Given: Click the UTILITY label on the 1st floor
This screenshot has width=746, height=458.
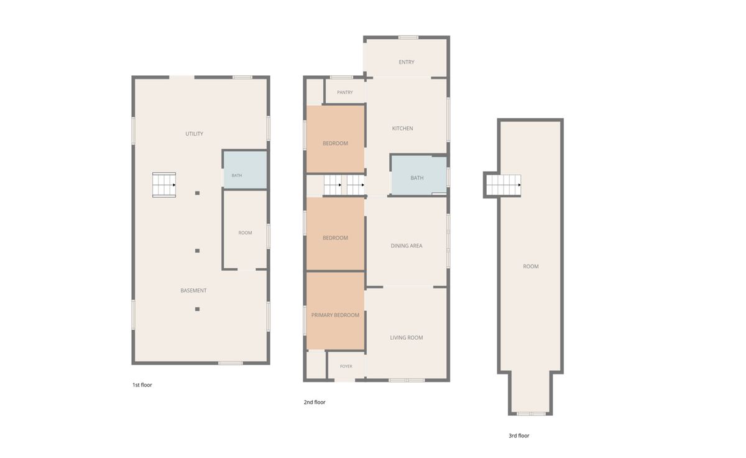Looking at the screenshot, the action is tap(194, 134).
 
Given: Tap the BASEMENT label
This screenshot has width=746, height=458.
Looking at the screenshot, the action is tap(193, 291).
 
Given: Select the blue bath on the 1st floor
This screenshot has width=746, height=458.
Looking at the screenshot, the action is tap(245, 170).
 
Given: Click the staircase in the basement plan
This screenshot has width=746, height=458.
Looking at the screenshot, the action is tap(164, 185).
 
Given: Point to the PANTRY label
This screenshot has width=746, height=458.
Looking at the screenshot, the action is tap(344, 92).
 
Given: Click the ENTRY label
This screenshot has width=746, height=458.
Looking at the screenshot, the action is tap(407, 62).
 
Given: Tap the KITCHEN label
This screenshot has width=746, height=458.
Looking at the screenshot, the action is tap(402, 128).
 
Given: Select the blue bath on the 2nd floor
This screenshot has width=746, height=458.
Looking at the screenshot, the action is tap(419, 175).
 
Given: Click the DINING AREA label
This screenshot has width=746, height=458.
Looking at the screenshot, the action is tap(407, 246).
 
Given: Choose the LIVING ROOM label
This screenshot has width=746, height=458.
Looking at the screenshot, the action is tap(407, 338).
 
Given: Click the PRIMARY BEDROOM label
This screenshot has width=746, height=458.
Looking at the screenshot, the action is tap(335, 315).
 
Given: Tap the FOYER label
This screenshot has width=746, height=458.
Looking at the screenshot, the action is tap(346, 367).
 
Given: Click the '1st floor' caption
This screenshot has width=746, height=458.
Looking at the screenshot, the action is tap(142, 385).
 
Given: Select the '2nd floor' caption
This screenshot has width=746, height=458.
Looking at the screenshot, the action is tap(315, 403).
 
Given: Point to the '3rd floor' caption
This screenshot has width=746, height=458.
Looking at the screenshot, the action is tap(519, 436).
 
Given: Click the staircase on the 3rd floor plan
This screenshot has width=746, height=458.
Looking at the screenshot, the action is tap(504, 185).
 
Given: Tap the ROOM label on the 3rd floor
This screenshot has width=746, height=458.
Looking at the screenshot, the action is tap(530, 266).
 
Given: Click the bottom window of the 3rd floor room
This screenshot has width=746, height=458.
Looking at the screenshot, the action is tap(531, 414).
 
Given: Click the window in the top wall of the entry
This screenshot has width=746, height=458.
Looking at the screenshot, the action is tap(408, 37).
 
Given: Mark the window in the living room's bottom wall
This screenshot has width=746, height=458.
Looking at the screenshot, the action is tap(407, 380).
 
